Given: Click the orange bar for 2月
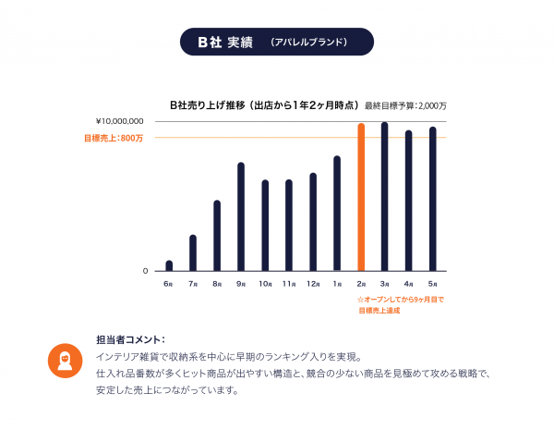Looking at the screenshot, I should tap(361, 197).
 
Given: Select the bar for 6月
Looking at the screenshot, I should tap(169, 265).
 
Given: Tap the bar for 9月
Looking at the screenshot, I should tap(241, 216).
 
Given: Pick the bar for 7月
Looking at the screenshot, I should tap(193, 252).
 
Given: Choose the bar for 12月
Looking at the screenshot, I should tap(313, 222).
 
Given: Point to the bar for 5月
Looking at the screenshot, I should tap(432, 199).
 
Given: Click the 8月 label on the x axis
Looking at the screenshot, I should tap(217, 283).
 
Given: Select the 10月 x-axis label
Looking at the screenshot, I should tap(265, 283).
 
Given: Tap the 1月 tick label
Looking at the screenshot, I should tap(337, 283).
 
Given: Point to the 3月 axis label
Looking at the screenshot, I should tap(384, 283).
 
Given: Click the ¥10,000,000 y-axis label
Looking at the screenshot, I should tap(119, 121).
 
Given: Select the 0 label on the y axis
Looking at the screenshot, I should tap(145, 271).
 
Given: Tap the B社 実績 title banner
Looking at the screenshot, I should tap(277, 43).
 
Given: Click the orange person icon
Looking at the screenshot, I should tap(65, 362).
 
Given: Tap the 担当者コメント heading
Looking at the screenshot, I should tap(130, 338).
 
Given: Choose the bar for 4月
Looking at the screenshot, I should tap(408, 201).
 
